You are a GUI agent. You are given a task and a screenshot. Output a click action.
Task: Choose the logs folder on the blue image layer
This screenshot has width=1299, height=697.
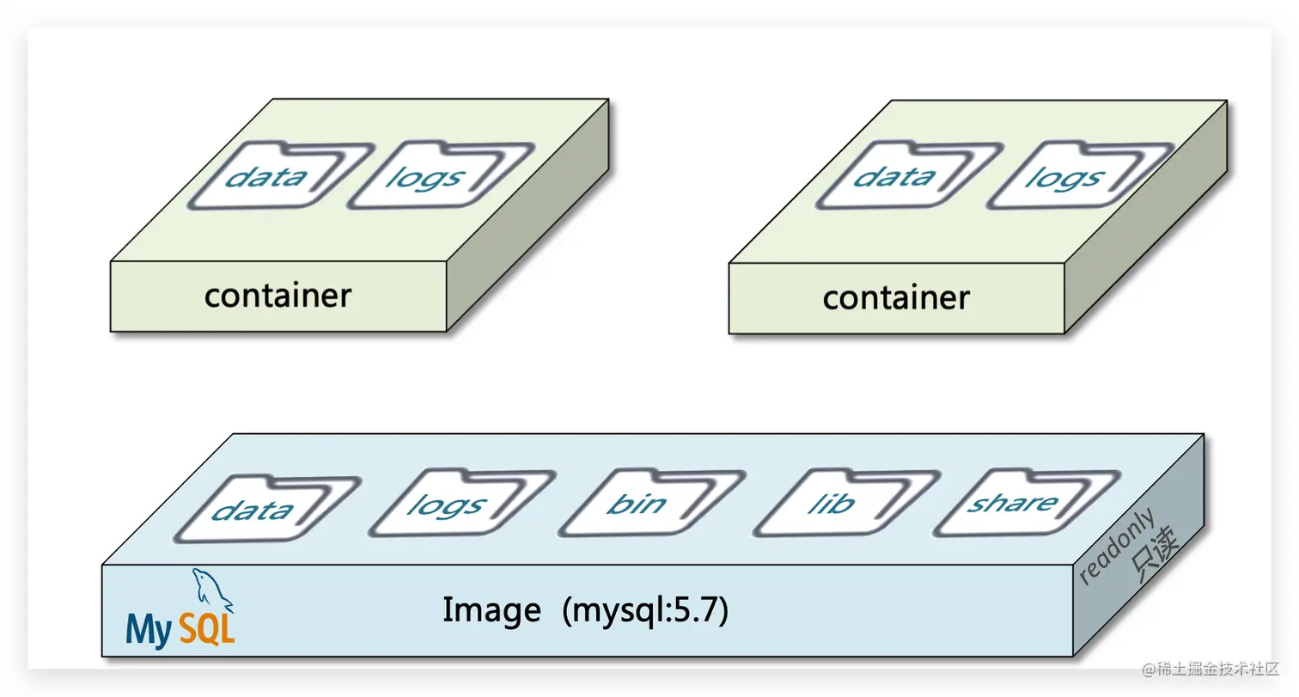pyautogui.click(x=448, y=505)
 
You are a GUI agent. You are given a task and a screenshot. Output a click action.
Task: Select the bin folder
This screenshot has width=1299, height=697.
pyautogui.click(x=637, y=503)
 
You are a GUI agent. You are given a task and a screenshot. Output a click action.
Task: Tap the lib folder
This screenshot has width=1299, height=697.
pyautogui.click(x=831, y=503)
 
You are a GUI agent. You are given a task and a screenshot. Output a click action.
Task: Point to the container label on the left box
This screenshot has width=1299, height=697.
pyautogui.click(x=277, y=296)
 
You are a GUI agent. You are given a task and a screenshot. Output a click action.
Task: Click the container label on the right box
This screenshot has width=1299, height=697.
pyautogui.click(x=896, y=298)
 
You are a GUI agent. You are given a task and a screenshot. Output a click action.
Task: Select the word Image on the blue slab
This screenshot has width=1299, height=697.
pyautogui.click(x=491, y=610)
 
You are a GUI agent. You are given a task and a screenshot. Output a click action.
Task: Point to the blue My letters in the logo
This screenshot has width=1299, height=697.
pyautogui.click(x=149, y=630)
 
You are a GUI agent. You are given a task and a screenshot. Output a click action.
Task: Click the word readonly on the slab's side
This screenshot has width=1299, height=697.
pyautogui.click(x=1116, y=547)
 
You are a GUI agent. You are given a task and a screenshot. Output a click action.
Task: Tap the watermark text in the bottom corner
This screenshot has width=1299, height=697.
pyautogui.click(x=1211, y=668)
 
